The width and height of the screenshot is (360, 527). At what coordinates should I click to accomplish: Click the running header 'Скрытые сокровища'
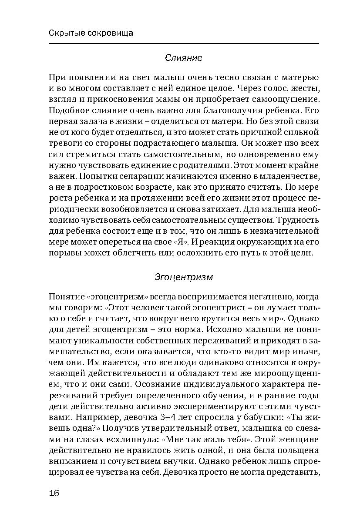click(x=91, y=33)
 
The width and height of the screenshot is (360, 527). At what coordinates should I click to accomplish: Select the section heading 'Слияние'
click(x=183, y=57)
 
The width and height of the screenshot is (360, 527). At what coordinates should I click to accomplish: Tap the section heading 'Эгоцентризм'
click(x=183, y=277)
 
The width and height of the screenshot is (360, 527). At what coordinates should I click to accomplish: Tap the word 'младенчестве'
click(x=290, y=176)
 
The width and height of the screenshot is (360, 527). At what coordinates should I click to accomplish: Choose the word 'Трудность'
click(x=298, y=220)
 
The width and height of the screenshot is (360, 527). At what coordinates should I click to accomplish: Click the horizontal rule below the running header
click(x=183, y=43)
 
